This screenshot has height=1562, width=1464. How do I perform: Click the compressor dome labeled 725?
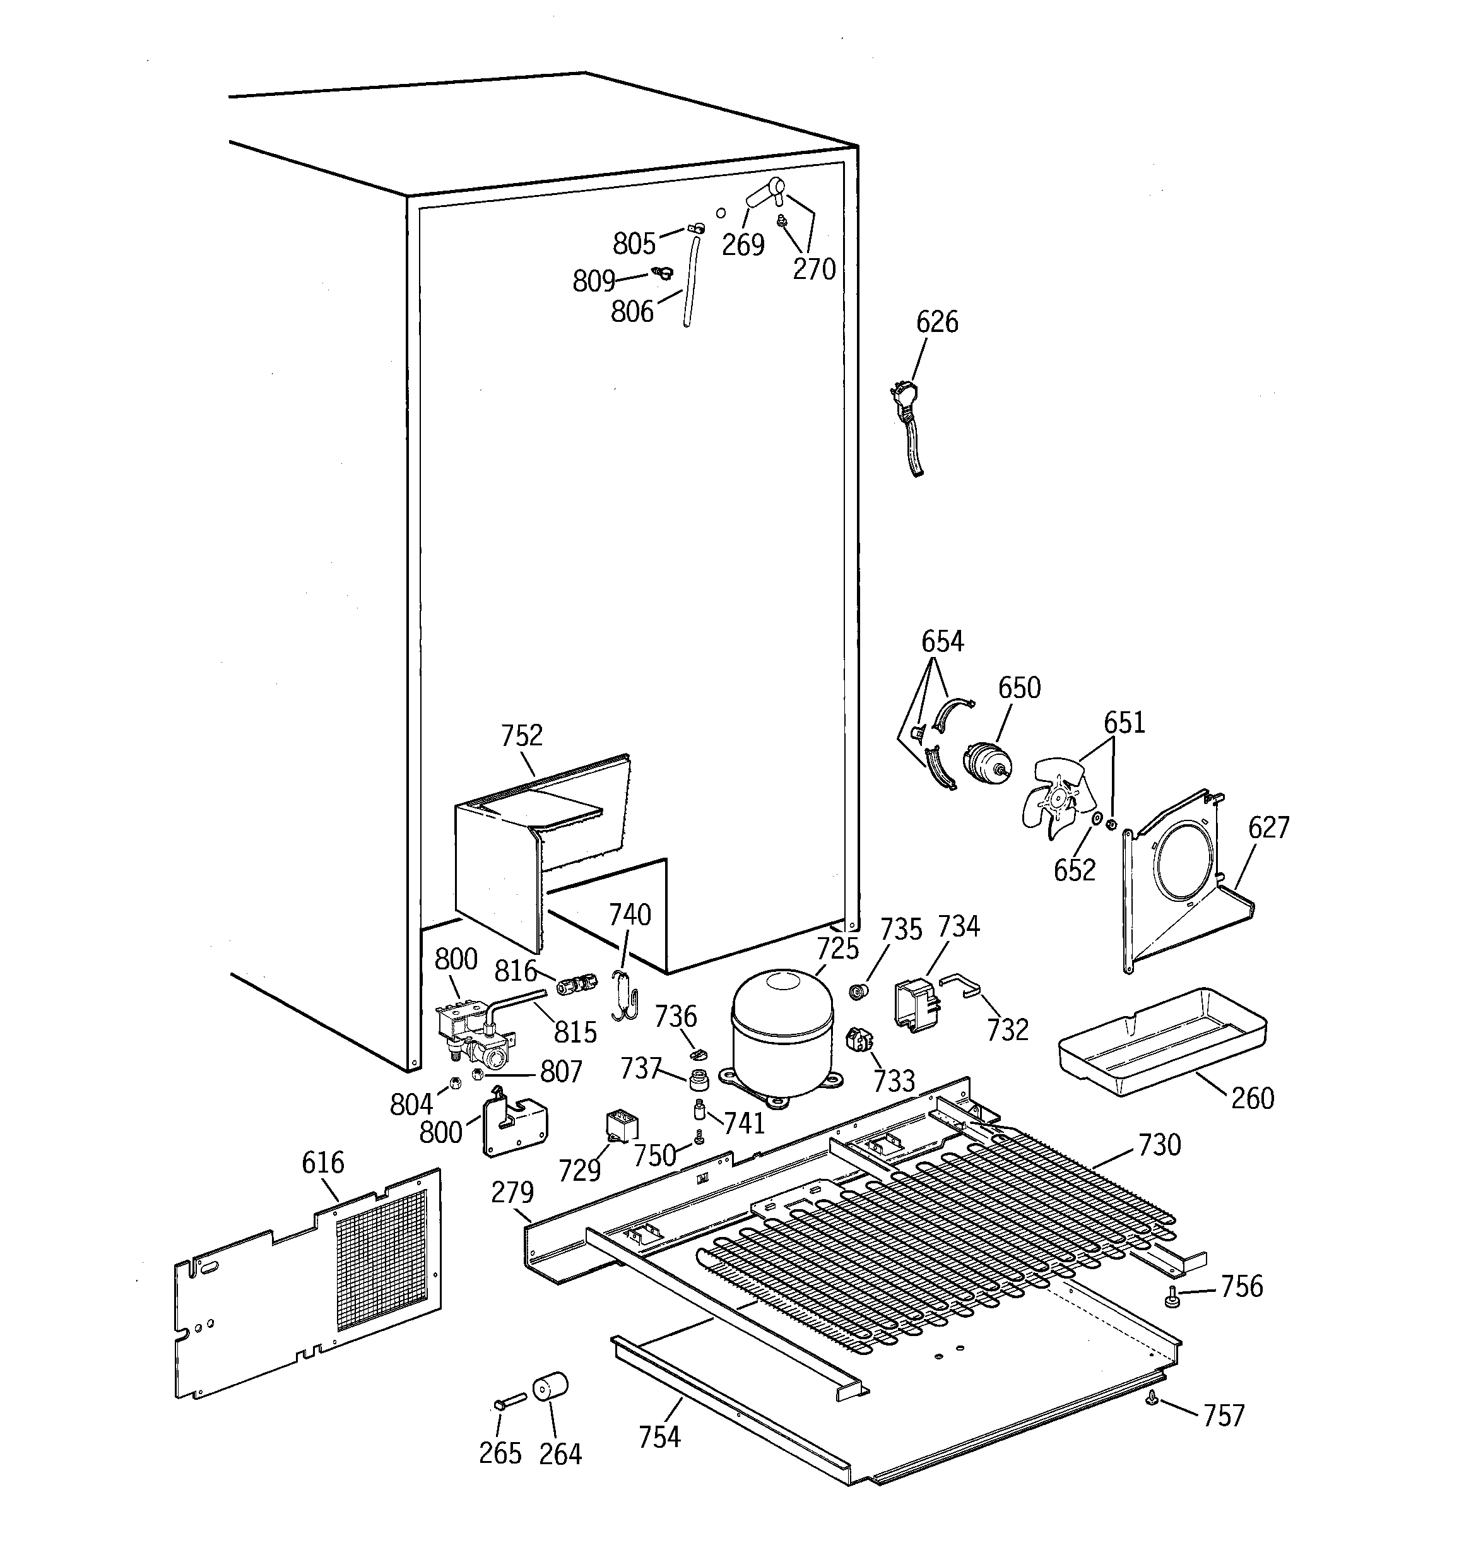(781, 1029)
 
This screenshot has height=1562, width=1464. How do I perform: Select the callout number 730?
(1159, 1145)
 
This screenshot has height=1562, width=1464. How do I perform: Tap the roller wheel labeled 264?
(550, 1388)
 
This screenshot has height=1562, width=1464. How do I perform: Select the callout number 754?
(659, 1437)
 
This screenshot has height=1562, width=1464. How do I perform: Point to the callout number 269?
(743, 245)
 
